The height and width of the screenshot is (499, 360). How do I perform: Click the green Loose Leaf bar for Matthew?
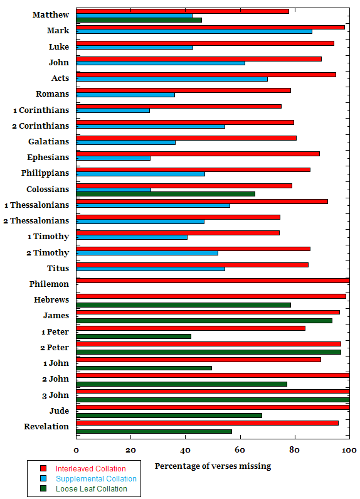tap(139, 20)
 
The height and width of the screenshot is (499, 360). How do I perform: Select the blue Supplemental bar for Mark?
tap(194, 31)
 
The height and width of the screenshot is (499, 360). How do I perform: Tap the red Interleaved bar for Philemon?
tap(213, 281)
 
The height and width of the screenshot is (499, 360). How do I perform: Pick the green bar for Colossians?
tap(166, 194)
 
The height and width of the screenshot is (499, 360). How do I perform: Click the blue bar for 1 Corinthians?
tap(113, 110)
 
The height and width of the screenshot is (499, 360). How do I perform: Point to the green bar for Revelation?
tap(154, 431)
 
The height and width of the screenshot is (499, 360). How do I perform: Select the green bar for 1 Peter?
tap(134, 336)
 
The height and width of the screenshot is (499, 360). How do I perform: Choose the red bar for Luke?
tap(205, 43)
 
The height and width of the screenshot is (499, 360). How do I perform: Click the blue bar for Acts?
tap(172, 79)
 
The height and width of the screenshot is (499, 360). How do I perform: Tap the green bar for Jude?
tap(169, 416)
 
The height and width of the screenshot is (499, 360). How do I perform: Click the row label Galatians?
tap(49, 141)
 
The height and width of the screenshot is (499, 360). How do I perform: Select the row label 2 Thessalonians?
tap(36, 220)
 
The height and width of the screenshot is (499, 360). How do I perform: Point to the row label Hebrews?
tap(51, 299)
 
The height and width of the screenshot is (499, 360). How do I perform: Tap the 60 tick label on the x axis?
tap(240, 450)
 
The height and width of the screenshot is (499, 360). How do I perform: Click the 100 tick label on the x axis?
tap(349, 450)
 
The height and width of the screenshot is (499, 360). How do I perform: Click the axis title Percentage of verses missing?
tap(213, 466)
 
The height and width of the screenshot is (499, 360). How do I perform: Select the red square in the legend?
tap(43, 468)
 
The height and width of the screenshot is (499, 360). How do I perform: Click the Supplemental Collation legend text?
tap(96, 479)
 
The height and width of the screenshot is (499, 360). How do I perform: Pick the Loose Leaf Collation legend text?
tap(92, 489)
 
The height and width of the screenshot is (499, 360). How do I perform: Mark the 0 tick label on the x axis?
tap(76, 450)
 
